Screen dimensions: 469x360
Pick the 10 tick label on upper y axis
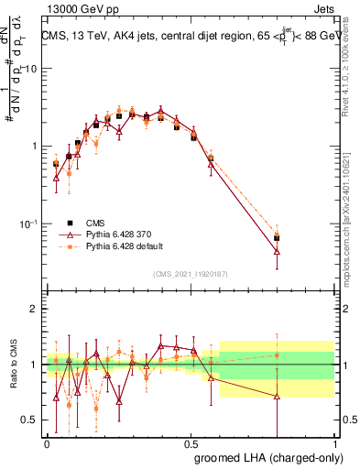31,69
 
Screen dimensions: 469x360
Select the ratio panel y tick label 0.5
30,420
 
